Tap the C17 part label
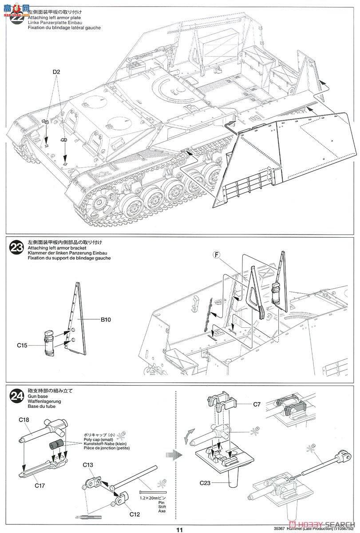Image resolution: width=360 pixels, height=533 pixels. coord(40,486)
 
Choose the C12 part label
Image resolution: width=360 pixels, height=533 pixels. coord(135,515)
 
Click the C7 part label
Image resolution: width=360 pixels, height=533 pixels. coord(257,404)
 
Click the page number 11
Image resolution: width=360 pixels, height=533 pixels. coord(179,529)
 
